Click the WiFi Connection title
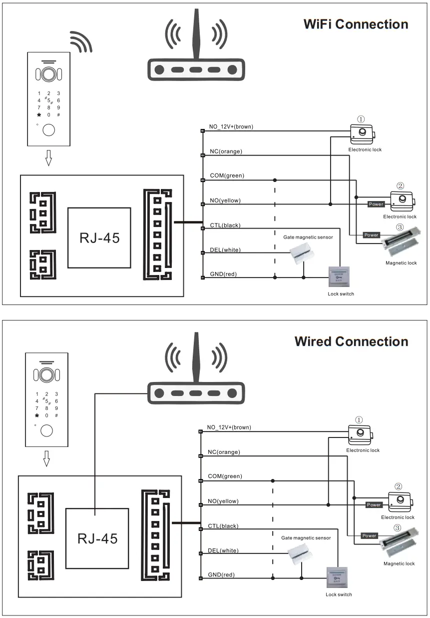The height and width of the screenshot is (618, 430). click(x=356, y=24)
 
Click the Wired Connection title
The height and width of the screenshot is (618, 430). click(x=351, y=341)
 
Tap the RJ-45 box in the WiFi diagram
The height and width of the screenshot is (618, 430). click(x=99, y=238)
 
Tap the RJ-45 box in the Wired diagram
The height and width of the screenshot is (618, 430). click(x=97, y=538)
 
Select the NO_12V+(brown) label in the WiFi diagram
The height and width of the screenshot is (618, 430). click(x=231, y=127)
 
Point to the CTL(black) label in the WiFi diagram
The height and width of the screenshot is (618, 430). click(x=225, y=225)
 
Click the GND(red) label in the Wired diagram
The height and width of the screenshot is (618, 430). click(x=221, y=575)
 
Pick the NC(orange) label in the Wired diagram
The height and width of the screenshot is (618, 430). click(x=224, y=452)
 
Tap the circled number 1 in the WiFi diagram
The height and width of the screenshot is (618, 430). click(x=361, y=119)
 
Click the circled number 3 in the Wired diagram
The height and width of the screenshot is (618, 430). click(x=397, y=528)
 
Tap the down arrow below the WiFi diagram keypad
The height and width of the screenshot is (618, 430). click(x=48, y=158)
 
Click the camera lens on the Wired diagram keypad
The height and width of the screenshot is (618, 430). click(x=47, y=374)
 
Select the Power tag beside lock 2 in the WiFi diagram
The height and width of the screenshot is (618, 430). click(x=376, y=204)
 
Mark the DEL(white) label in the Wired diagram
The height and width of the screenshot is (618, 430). click(x=223, y=551)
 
